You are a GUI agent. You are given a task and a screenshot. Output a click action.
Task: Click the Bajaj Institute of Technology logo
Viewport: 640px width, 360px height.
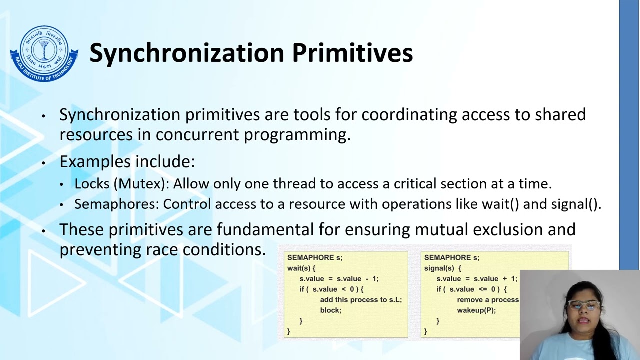point(44,54)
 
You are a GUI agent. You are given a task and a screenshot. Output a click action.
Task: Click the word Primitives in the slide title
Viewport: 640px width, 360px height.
point(352,53)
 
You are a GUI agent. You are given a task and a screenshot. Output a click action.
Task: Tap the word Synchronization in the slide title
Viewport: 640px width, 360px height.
point(187,53)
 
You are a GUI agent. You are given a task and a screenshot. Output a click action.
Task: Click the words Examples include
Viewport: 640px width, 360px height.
point(127,162)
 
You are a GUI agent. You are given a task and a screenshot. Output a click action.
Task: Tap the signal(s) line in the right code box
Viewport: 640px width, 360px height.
point(442,268)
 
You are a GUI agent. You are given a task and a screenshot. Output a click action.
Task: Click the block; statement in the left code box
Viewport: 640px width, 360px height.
point(330,310)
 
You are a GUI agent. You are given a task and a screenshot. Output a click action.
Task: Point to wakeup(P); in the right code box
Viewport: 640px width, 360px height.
point(476,310)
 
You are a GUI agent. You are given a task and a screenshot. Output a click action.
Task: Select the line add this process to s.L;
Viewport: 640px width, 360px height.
point(360,300)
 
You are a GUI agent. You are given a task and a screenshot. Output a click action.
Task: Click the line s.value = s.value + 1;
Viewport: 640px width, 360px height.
point(476,279)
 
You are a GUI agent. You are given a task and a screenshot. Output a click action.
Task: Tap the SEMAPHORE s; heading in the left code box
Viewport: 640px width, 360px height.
point(315,258)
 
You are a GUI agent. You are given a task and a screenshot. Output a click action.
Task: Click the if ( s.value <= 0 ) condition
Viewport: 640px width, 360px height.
point(471,289)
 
